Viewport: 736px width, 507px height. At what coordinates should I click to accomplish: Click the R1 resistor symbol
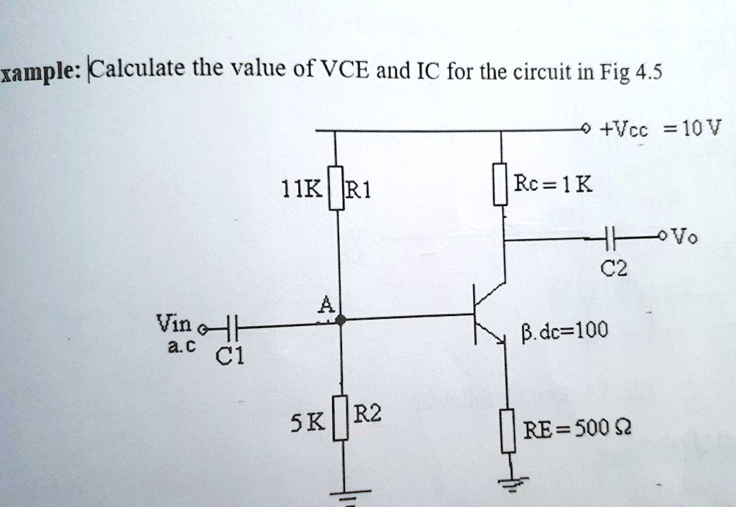[x=336, y=188]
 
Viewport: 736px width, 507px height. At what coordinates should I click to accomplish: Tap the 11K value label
[x=306, y=190]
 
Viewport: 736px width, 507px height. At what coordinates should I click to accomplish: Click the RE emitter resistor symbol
[x=508, y=430]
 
